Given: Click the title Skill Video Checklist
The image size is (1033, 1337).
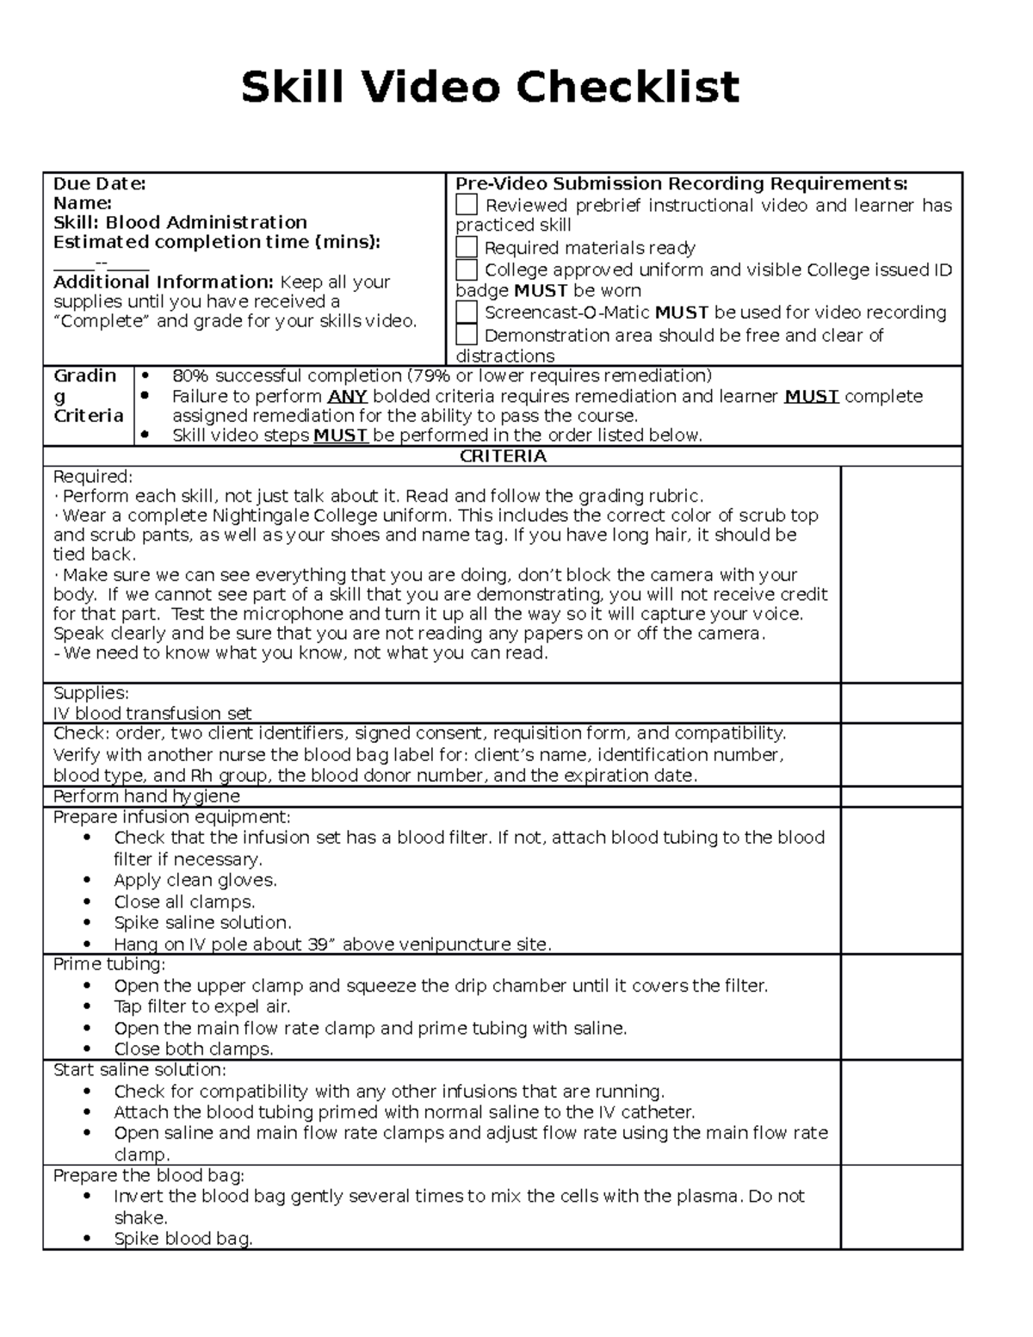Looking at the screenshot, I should (490, 88).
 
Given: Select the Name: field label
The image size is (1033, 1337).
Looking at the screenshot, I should (83, 203).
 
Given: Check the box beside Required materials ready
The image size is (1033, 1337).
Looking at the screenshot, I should (466, 247).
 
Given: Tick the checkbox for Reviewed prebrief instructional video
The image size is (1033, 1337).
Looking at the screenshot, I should (466, 205).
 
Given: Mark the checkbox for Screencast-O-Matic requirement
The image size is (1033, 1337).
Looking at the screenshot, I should (466, 312).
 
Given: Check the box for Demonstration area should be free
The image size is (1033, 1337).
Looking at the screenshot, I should (466, 335).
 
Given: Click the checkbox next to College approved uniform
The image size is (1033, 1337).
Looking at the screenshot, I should (466, 269).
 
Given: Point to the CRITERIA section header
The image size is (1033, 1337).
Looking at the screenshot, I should (503, 456).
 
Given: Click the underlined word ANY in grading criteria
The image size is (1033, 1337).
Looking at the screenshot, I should (348, 397).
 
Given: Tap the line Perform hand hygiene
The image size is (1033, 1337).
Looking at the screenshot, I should (146, 796).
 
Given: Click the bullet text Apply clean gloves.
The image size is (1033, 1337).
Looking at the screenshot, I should (195, 880).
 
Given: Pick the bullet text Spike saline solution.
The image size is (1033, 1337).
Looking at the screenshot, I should (202, 923).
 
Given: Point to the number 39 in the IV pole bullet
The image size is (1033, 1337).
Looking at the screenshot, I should (317, 944).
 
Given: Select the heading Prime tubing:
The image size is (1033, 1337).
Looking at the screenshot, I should (108, 964).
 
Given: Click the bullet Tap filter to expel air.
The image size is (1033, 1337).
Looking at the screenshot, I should (201, 1006).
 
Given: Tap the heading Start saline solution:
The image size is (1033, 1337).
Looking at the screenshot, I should (139, 1070).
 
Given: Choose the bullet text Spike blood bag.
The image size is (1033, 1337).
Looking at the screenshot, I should (183, 1239).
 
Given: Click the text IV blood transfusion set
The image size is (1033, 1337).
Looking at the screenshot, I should (152, 713).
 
